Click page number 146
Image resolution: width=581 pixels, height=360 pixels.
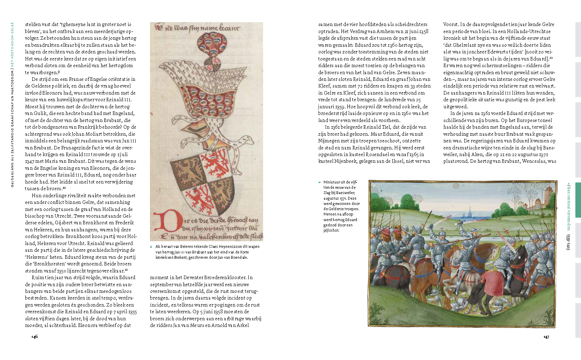(34, 336)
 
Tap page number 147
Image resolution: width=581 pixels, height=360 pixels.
(546, 337)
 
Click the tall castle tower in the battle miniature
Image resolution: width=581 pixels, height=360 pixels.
(548, 197)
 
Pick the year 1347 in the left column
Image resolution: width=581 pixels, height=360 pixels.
(30, 161)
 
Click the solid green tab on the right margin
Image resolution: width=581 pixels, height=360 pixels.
(578, 199)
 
